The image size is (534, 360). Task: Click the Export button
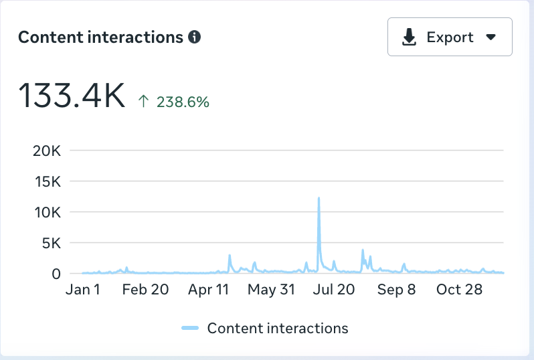click(450, 37)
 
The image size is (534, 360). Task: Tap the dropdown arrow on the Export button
click(491, 37)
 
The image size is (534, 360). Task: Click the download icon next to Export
click(409, 37)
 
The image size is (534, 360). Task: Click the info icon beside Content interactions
click(195, 37)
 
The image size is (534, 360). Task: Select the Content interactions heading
click(100, 37)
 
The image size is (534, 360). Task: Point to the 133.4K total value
click(72, 95)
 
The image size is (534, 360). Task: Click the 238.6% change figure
click(183, 102)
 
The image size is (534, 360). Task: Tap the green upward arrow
click(143, 102)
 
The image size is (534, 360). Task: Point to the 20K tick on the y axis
click(47, 151)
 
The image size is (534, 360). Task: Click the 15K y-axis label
click(47, 181)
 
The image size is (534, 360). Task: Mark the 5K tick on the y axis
click(51, 243)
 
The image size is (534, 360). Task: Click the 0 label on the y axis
click(57, 273)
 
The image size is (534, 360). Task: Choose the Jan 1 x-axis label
click(84, 290)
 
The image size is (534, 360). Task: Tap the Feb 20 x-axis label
click(145, 290)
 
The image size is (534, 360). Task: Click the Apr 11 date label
click(209, 290)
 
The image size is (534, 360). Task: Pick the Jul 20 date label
click(335, 290)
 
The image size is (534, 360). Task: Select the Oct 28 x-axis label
click(458, 290)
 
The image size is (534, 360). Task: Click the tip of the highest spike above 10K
click(319, 198)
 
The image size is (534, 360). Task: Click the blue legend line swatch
click(191, 328)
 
